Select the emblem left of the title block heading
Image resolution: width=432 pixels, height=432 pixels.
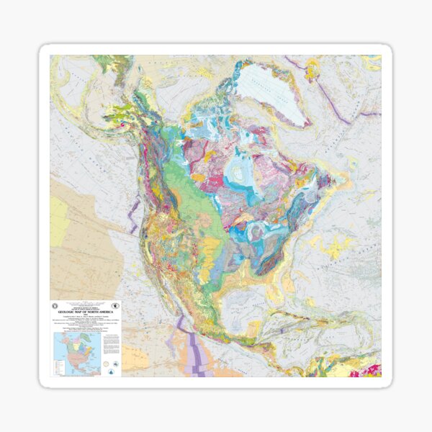[59, 306]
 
